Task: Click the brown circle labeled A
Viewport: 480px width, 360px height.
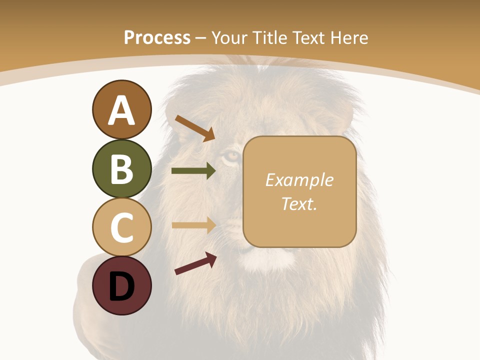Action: pyautogui.click(x=121, y=109)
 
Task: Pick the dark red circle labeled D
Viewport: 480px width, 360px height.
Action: pyautogui.click(x=121, y=285)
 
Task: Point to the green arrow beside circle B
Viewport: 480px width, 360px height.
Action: pyautogui.click(x=193, y=171)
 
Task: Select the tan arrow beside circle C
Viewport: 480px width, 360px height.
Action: pyautogui.click(x=193, y=225)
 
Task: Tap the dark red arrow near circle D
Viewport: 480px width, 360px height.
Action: pyautogui.click(x=195, y=263)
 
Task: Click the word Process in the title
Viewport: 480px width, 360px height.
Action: pyautogui.click(x=157, y=37)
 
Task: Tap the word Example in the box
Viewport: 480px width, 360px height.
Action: pyautogui.click(x=299, y=180)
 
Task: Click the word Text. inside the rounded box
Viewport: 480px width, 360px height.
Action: pyautogui.click(x=299, y=203)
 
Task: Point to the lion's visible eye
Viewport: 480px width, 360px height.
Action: pyautogui.click(x=231, y=157)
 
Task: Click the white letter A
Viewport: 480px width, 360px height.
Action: pyautogui.click(x=121, y=110)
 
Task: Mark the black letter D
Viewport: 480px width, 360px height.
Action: pyautogui.click(x=121, y=286)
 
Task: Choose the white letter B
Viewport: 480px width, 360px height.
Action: pyautogui.click(x=121, y=168)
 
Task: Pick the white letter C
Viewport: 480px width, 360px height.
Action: pyautogui.click(x=121, y=227)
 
